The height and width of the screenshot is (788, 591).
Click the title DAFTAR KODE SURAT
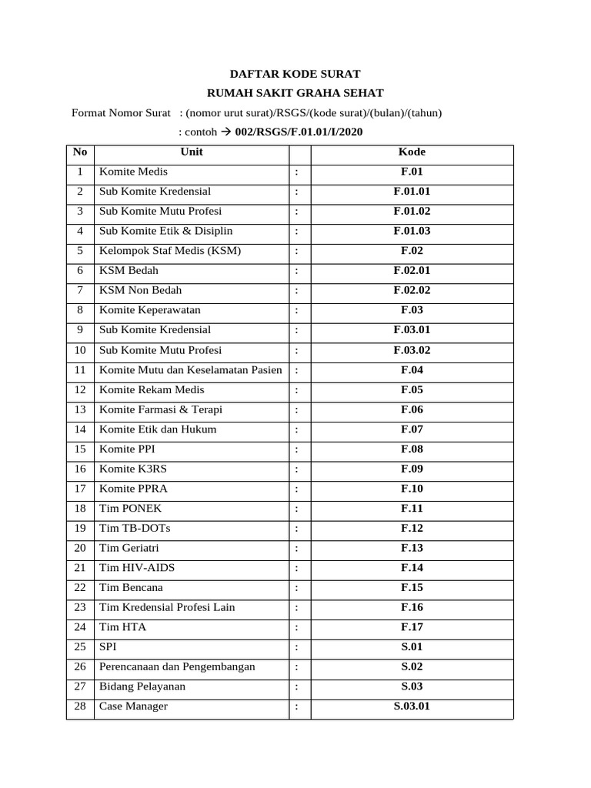click(295, 74)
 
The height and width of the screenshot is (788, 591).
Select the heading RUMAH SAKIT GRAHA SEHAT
click(295, 93)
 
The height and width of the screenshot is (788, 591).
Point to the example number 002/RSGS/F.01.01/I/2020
click(299, 132)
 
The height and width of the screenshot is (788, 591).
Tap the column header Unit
click(192, 152)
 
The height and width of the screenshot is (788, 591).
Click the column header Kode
click(412, 152)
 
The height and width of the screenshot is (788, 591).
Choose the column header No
click(80, 152)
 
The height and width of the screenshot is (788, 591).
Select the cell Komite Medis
click(133, 172)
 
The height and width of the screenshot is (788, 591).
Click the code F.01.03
click(412, 231)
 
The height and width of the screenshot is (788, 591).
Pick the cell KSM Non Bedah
click(141, 291)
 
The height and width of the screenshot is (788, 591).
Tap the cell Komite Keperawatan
click(149, 310)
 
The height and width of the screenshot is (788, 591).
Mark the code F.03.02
click(412, 350)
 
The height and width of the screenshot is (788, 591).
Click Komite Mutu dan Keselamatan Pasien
click(191, 370)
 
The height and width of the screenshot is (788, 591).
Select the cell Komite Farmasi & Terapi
click(161, 409)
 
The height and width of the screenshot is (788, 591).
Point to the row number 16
click(80, 469)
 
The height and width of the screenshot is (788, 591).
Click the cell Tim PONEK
click(131, 509)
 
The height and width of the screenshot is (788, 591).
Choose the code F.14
click(412, 568)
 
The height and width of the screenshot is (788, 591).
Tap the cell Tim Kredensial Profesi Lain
click(167, 607)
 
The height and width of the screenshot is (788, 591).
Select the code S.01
click(412, 647)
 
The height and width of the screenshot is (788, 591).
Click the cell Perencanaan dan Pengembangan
click(177, 666)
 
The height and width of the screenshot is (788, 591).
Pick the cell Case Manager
click(134, 706)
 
